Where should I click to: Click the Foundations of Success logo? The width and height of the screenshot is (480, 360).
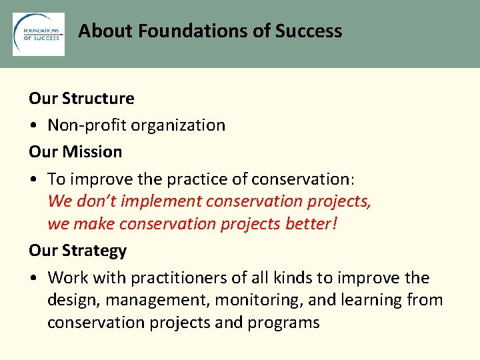point(39,34)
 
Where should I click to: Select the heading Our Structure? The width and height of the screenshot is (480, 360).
point(81,99)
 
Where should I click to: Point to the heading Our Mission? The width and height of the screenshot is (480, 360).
point(75,152)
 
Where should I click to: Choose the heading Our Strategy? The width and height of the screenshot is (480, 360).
point(77,251)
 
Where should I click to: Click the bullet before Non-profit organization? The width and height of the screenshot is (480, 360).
point(33,126)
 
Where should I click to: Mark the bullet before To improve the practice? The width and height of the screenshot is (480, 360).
point(33,179)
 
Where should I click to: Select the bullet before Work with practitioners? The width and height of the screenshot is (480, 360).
point(33,278)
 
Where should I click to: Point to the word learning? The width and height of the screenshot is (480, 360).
point(371,301)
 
